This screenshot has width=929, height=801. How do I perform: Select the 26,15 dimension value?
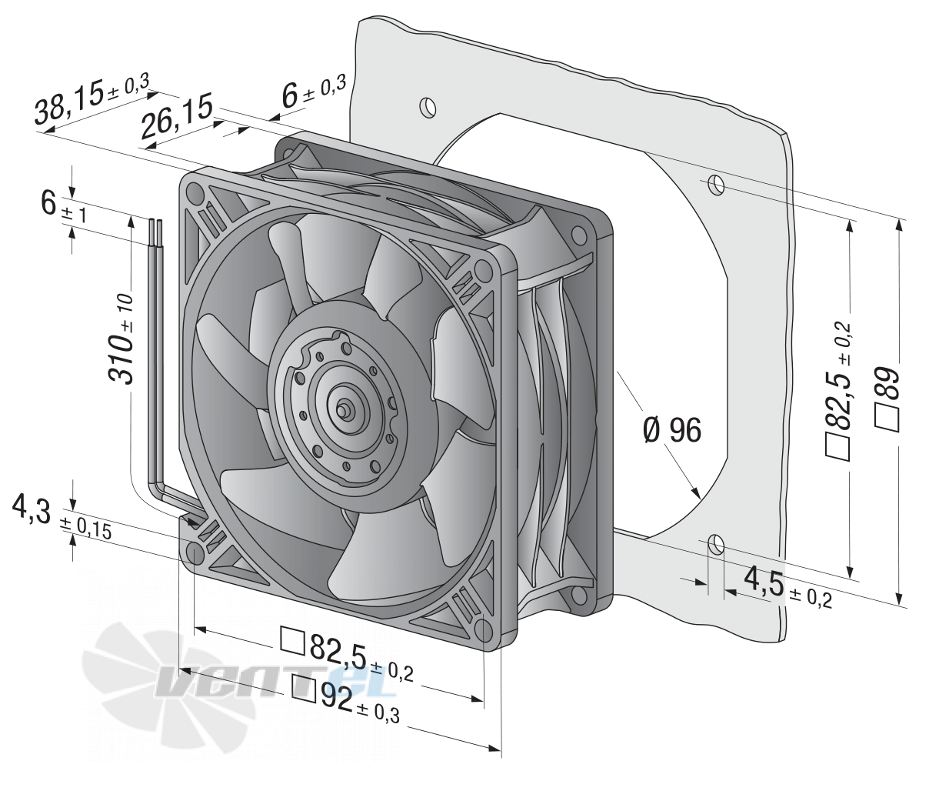(x=177, y=118)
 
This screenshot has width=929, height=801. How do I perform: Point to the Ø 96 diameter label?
(x=671, y=430)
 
